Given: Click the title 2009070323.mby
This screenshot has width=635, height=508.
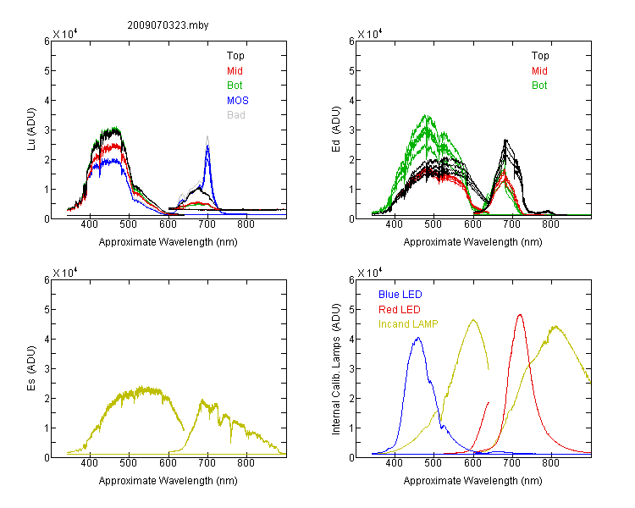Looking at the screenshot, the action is tap(168, 25).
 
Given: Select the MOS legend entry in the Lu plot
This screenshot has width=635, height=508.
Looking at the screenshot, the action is tap(238, 101).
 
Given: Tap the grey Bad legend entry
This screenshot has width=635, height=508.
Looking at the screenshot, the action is tap(236, 115).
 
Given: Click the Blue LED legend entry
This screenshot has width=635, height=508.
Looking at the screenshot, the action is tap(400, 295).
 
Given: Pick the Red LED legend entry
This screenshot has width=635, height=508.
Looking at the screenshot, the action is tap(400, 310).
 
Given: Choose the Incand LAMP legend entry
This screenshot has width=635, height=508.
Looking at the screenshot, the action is tap(408, 324).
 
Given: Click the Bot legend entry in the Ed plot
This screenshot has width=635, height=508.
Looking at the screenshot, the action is tap(539, 86).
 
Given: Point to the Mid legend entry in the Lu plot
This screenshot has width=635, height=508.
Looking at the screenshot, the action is tap(235, 71).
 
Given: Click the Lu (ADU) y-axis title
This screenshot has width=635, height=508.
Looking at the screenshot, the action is tap(31, 130).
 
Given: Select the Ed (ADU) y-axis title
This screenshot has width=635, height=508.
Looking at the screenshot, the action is tap(336, 130).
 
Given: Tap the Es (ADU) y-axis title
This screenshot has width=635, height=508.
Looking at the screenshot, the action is tap(31, 368).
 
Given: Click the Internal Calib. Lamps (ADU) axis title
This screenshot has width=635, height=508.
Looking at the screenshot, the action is tap(336, 369).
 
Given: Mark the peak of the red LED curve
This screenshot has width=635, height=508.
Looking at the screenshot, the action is tap(520, 314).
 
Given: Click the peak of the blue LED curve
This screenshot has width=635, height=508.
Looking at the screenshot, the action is tap(418, 338).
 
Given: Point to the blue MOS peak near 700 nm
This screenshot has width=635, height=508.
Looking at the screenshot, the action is tap(207, 146).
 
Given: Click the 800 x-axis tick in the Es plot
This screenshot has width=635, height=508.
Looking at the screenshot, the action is tap(246, 463).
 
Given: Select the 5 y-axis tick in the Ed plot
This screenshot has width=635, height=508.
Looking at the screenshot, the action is tap(351, 71).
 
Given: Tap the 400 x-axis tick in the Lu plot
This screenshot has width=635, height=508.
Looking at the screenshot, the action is tap(89, 224).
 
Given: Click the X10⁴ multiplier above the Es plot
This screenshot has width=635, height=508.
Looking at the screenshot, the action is tap(65, 273).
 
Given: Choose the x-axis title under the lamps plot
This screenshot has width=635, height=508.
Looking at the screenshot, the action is tap(472, 481).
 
